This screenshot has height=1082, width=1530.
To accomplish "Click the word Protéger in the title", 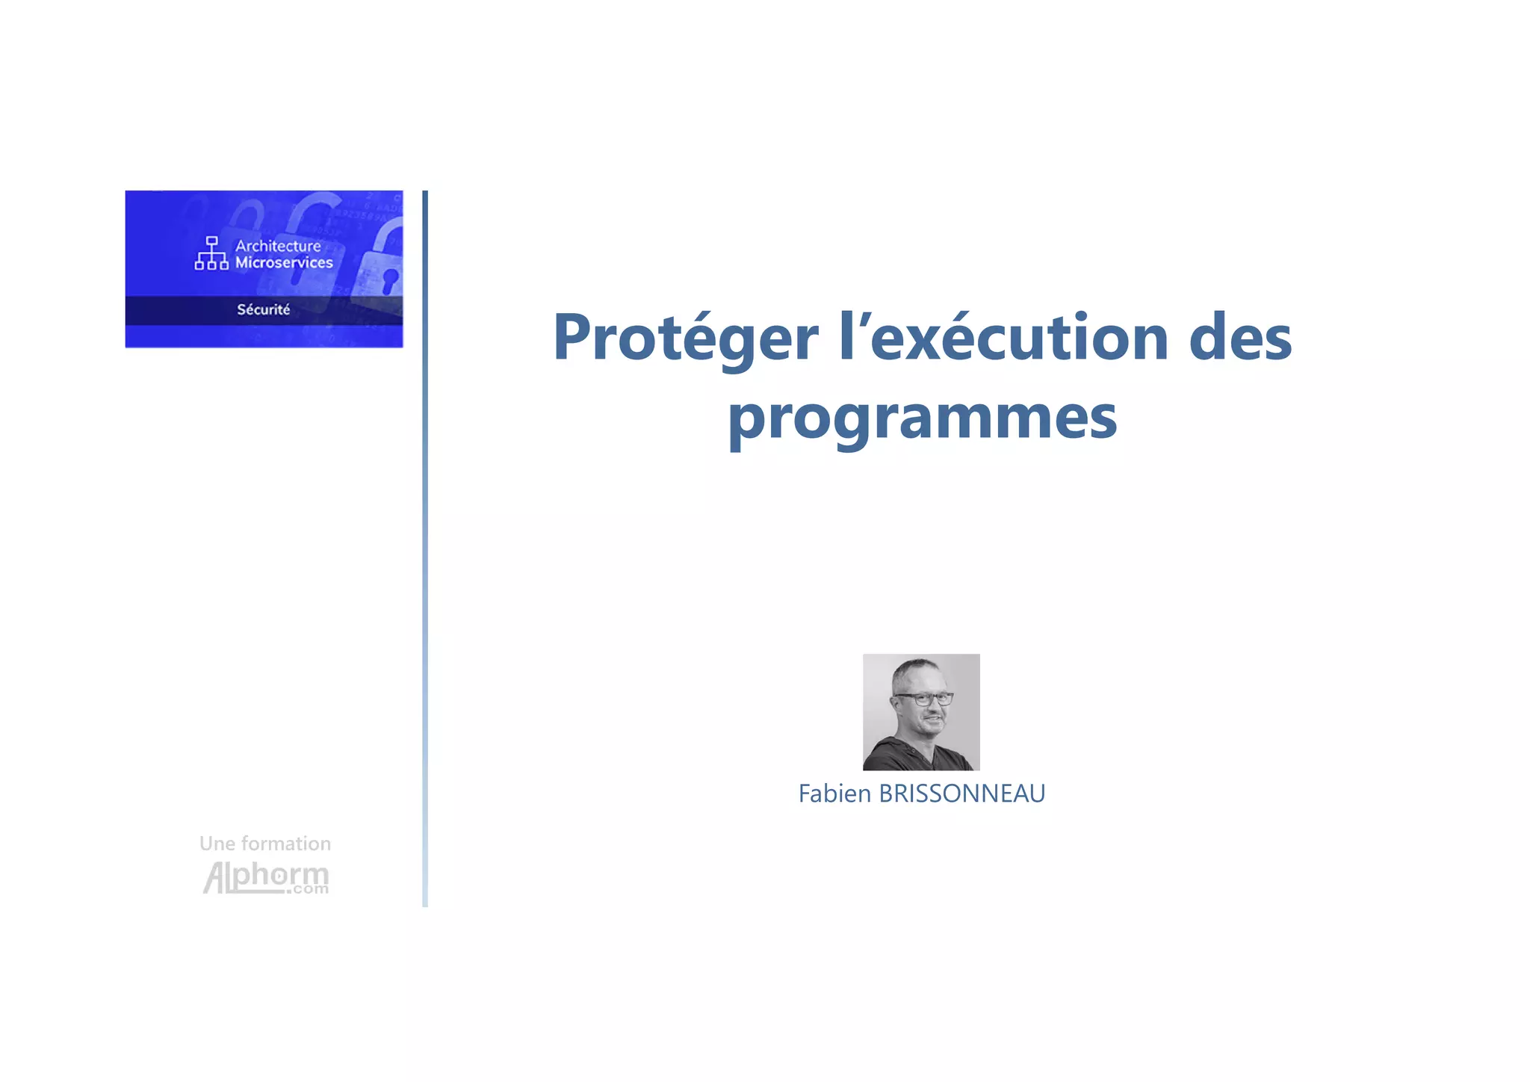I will (685, 338).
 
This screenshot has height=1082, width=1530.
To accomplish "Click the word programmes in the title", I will (922, 418).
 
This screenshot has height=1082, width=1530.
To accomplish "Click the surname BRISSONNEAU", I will (961, 794).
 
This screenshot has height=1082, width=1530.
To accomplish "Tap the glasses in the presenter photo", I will (925, 699).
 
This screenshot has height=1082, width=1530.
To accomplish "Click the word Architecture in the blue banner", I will (278, 246).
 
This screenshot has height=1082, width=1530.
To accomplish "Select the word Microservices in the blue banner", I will (284, 263).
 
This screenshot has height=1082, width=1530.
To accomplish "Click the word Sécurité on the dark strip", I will (263, 309).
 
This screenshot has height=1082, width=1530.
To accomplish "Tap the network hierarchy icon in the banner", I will (211, 253).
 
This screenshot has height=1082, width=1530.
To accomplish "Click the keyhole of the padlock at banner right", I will (389, 281).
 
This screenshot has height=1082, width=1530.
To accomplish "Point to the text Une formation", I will (264, 844).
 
